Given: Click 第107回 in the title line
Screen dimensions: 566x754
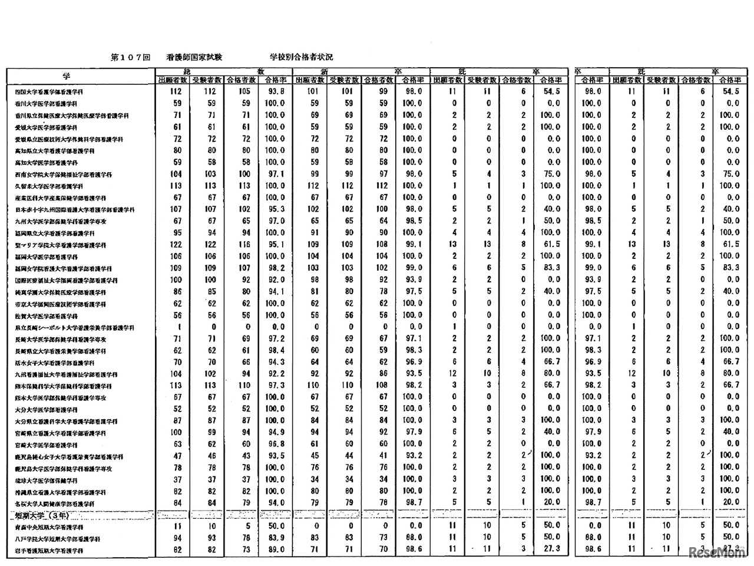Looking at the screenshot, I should (130, 57).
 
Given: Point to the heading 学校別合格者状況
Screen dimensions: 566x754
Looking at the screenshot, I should (301, 57).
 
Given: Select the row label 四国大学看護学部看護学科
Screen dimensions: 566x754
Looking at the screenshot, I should (49, 92).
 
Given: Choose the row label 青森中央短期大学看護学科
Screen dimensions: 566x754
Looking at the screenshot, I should (49, 527).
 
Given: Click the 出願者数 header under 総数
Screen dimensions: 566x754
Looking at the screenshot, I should (173, 80).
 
